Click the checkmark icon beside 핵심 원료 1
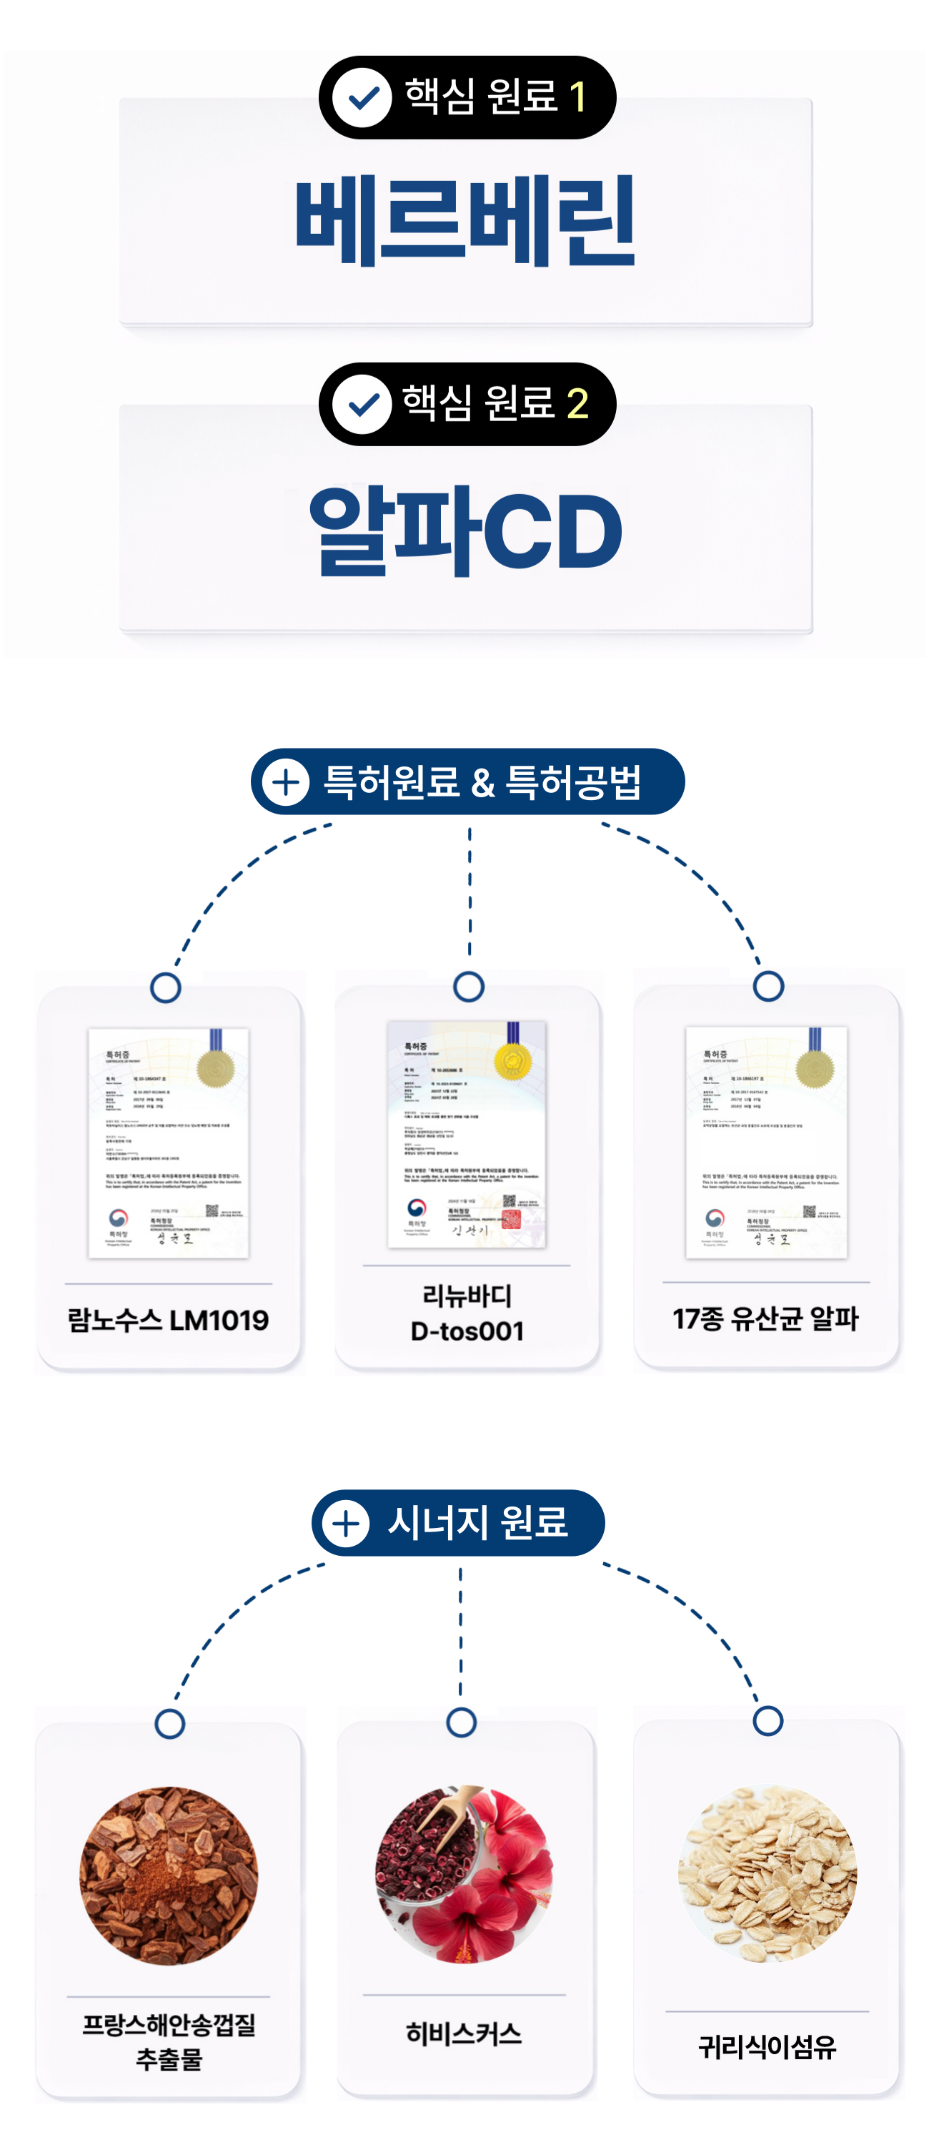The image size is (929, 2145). (x=362, y=97)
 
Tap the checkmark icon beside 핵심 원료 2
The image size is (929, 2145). (x=362, y=404)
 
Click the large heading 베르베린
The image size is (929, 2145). (x=465, y=221)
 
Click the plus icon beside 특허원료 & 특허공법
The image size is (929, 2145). (x=286, y=782)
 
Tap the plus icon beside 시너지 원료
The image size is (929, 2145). (x=345, y=1523)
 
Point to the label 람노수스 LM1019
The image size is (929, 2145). (x=168, y=1320)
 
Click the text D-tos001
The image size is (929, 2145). (x=467, y=1331)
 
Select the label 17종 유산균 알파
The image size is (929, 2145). (x=766, y=1318)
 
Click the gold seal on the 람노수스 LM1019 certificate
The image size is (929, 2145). (x=215, y=1067)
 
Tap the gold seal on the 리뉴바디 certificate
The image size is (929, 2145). (x=513, y=1061)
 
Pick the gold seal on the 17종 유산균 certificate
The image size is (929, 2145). (x=814, y=1067)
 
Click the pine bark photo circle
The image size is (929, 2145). (x=169, y=1875)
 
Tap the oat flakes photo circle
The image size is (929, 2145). (x=767, y=1873)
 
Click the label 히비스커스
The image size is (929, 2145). (x=464, y=2034)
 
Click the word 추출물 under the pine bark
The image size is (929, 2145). (x=169, y=2059)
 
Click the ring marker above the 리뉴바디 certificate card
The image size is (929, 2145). (x=469, y=987)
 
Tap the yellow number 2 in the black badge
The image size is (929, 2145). (x=577, y=404)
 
